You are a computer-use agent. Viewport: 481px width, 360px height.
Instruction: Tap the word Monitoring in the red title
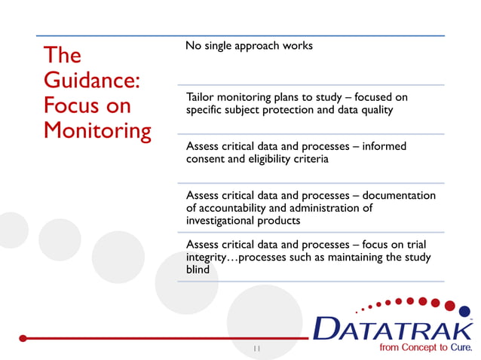(x=97, y=130)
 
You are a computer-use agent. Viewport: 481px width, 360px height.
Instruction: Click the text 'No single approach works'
(x=249, y=46)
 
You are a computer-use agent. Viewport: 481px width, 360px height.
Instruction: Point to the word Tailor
(x=200, y=97)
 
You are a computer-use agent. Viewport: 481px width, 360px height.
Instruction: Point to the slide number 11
(x=257, y=349)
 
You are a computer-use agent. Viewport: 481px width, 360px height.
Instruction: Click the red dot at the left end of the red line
(x=23, y=338)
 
